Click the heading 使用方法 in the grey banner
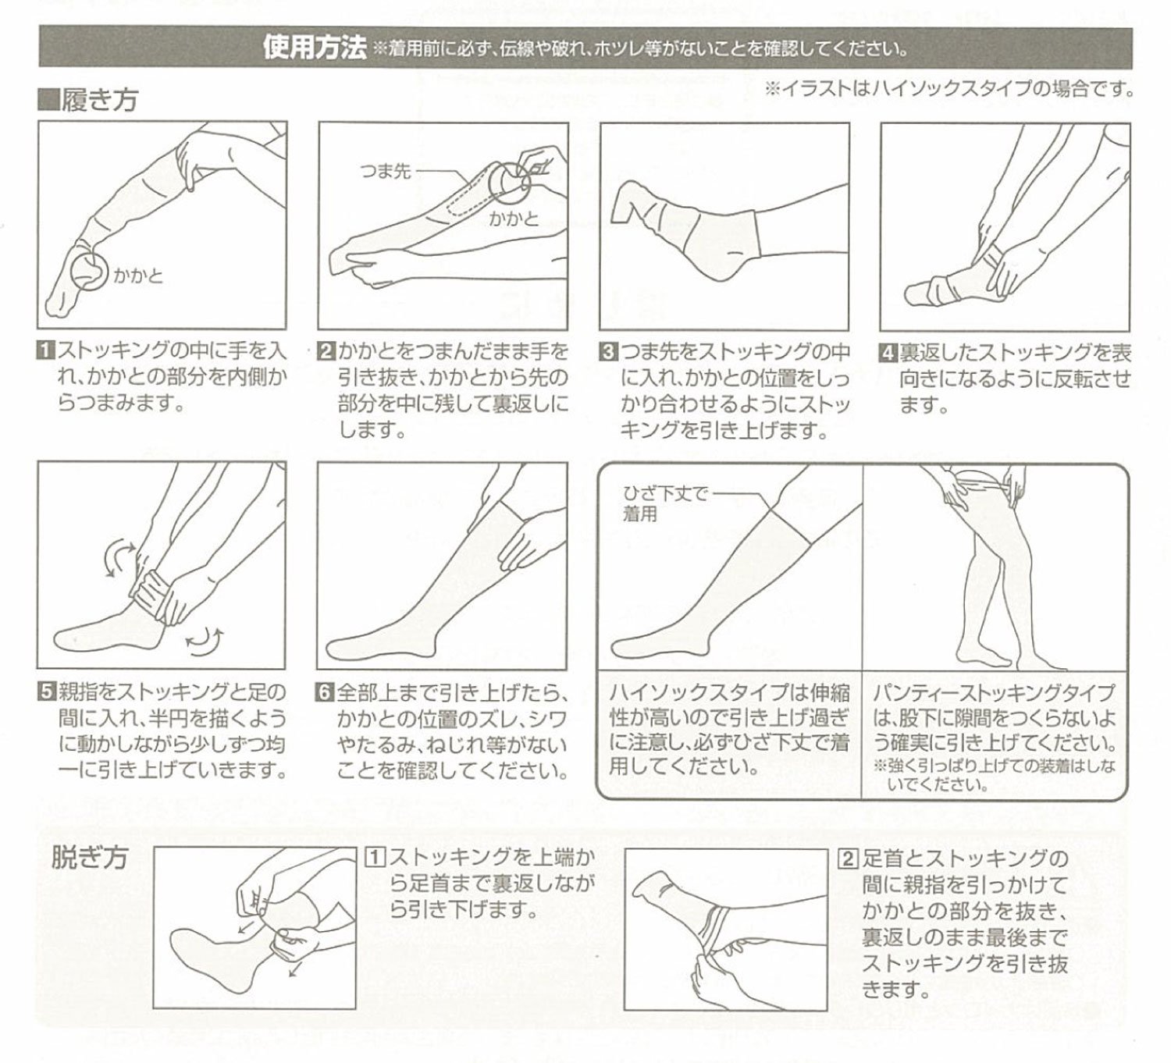coord(315,48)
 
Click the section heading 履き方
coord(99,99)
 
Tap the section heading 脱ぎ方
coord(90,858)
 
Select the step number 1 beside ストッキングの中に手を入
coord(46,351)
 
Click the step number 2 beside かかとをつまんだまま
coord(326,351)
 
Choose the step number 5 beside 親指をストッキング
coord(46,691)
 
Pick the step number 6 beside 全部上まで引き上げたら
coord(326,691)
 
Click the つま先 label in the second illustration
coord(386,172)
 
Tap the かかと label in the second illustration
coord(514,219)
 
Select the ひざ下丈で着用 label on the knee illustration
coord(665,503)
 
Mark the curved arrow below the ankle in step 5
coord(205,643)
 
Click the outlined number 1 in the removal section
coord(375,858)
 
